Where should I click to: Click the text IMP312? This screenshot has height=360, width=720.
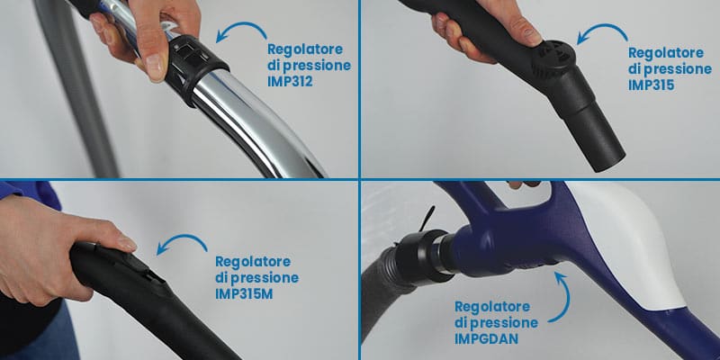[290, 82]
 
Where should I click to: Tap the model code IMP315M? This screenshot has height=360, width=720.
[244, 293]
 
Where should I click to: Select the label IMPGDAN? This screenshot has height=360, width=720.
[486, 338]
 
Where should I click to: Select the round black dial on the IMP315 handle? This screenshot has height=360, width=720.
[556, 58]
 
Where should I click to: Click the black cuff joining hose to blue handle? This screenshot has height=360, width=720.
[422, 255]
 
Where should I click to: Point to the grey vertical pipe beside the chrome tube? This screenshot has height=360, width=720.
[76, 87]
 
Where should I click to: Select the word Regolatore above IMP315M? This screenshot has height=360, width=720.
[253, 262]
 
